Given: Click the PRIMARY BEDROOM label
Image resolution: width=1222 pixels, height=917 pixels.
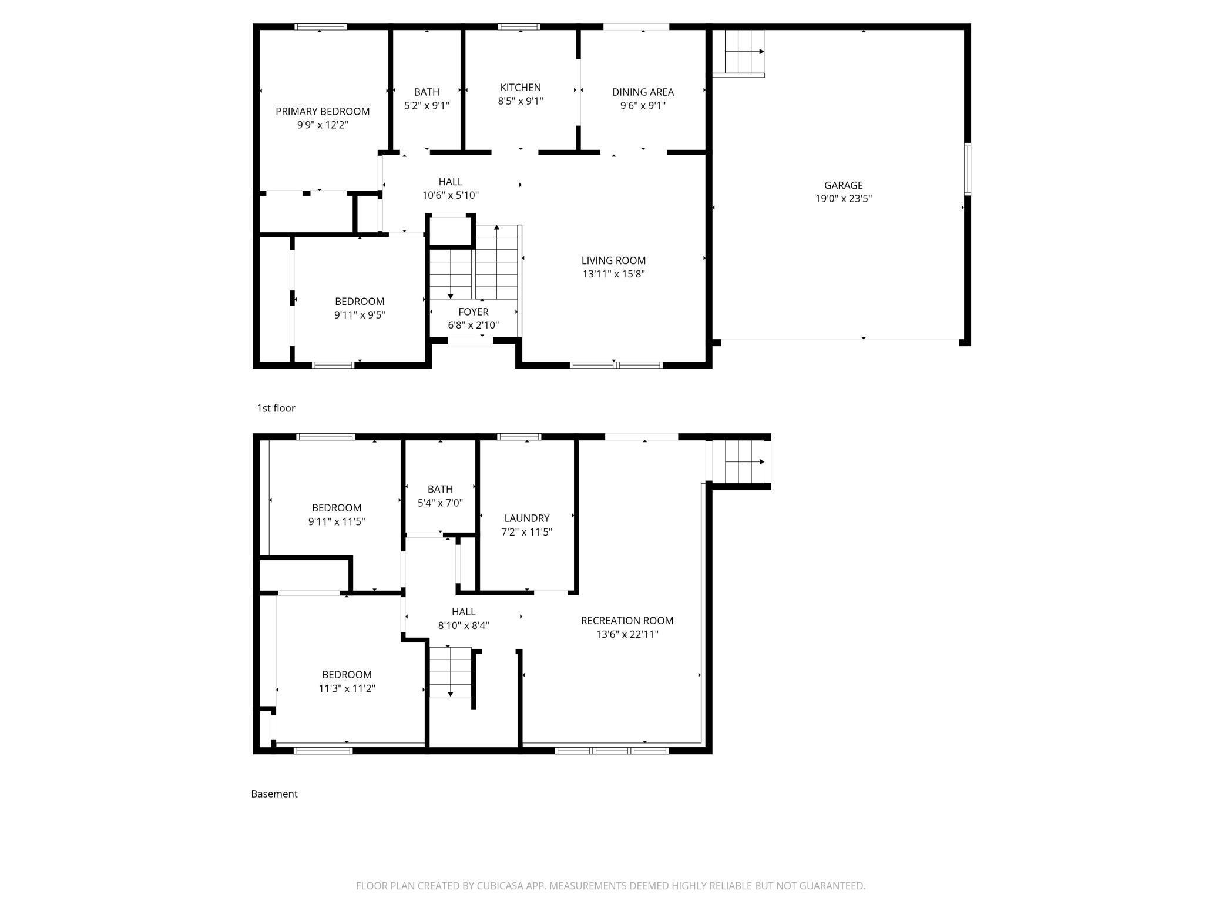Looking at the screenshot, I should click(323, 111).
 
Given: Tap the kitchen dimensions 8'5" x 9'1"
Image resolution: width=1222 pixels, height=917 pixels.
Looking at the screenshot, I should click(521, 101).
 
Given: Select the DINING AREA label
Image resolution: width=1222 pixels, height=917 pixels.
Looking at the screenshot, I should click(643, 92).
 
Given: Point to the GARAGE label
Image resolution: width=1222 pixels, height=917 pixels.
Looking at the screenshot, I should click(843, 185).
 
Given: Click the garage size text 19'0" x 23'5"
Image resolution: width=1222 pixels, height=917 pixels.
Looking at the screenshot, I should click(843, 199).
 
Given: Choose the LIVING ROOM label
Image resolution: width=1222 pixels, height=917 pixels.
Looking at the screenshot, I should click(613, 260).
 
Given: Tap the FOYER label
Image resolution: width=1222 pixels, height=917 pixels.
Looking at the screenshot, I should click(473, 312).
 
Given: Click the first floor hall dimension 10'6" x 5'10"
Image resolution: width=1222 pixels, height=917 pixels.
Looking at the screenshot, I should click(451, 195).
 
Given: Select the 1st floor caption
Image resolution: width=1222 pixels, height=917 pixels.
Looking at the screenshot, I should click(276, 408).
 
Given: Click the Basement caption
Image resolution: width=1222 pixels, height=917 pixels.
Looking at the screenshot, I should click(274, 794).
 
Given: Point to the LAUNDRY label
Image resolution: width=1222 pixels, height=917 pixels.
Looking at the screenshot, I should click(526, 518).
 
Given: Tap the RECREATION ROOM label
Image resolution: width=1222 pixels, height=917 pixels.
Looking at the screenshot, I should click(627, 620).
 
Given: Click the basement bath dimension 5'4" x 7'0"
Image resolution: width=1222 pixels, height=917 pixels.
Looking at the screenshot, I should click(440, 503).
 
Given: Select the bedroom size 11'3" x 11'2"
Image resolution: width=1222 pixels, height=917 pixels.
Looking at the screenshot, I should click(347, 688).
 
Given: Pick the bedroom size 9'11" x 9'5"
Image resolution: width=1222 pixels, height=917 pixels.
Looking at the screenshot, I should click(360, 315).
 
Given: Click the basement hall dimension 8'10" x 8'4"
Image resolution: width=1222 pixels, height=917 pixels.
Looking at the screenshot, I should click(464, 625).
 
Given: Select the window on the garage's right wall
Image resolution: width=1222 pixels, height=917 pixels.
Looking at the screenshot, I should click(967, 169).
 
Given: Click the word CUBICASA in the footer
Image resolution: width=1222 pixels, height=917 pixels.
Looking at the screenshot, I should click(500, 886).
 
